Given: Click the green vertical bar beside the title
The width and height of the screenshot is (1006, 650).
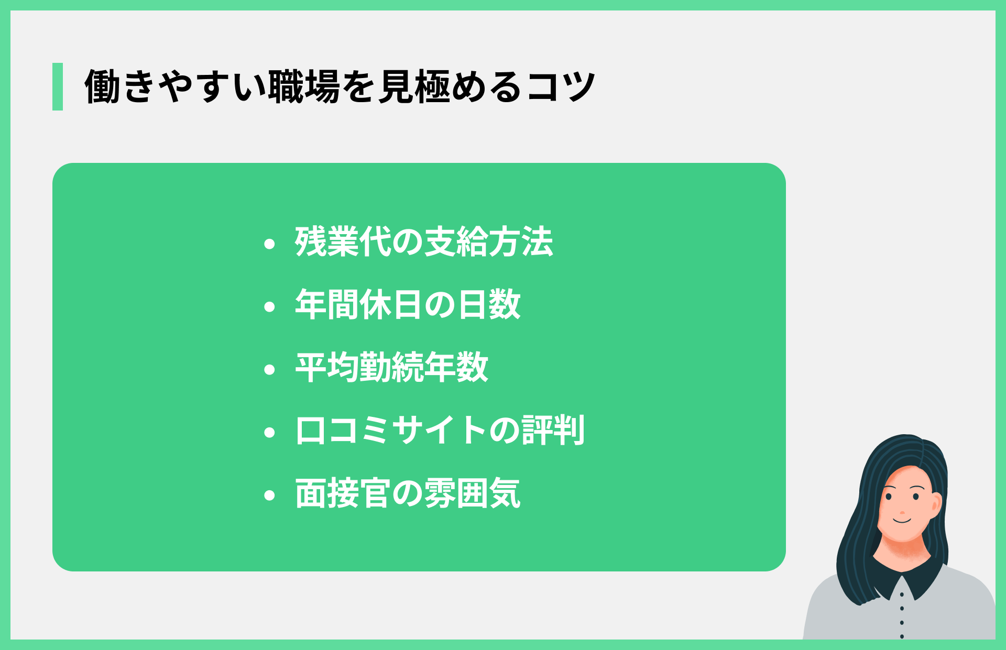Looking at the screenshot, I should (58, 86).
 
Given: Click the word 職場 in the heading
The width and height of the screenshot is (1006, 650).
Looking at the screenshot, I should (304, 86).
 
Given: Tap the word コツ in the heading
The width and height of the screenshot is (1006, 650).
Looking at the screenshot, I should (561, 86).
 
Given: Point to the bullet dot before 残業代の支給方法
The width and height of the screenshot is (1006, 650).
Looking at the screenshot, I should (270, 244).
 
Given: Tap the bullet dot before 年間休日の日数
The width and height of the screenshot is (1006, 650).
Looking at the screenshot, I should (270, 306).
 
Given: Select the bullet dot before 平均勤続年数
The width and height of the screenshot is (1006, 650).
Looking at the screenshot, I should (270, 369).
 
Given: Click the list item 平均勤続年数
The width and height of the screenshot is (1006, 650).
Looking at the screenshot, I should (392, 368).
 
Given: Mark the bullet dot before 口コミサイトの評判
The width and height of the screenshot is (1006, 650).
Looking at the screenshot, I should (270, 433).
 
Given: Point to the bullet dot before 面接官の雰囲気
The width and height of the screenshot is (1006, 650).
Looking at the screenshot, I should (270, 495).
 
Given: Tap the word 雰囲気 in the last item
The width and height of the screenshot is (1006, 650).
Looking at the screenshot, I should (472, 493).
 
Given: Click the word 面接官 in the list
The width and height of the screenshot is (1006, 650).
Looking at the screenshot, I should (343, 493).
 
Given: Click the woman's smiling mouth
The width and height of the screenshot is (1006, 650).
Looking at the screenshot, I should (902, 521).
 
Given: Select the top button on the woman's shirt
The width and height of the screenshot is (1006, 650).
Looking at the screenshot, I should (902, 595).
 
